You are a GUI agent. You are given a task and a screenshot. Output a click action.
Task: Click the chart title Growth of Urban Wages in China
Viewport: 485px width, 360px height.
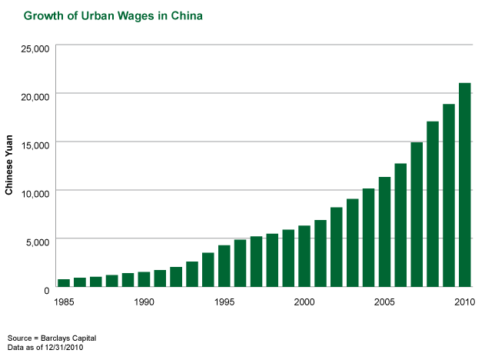click(113, 16)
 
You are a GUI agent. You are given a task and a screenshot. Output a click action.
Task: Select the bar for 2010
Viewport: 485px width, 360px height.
click(464, 185)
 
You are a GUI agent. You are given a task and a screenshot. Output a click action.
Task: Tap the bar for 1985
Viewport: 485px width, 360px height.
click(64, 283)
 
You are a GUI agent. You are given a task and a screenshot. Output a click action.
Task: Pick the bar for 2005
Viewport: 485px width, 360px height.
click(384, 232)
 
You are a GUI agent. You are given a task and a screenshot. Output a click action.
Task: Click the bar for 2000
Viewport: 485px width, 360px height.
click(304, 256)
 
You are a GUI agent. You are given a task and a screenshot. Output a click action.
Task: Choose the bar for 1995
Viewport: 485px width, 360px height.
click(224, 266)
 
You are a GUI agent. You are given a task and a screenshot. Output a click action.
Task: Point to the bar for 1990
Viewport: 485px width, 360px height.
click(144, 279)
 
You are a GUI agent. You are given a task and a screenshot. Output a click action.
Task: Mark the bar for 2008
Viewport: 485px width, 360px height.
click(433, 204)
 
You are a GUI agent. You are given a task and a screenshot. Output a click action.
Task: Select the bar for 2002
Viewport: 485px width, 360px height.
click(337, 247)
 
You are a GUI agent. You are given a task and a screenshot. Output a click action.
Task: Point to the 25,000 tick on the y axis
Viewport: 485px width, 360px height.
click(35, 48)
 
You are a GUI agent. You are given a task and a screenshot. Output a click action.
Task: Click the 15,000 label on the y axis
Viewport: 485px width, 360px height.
click(35, 145)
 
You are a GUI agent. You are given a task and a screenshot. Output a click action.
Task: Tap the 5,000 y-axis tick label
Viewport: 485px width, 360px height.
click(38, 242)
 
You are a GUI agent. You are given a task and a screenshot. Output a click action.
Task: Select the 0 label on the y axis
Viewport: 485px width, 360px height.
click(47, 290)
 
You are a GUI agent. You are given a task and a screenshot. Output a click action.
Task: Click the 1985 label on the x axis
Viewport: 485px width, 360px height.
click(64, 302)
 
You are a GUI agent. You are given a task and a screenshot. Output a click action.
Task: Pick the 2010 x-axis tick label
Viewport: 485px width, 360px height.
click(464, 302)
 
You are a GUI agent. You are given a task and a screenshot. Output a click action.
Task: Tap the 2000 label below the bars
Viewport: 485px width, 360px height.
click(304, 302)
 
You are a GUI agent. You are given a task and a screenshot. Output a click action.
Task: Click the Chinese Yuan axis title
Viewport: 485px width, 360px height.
click(9, 165)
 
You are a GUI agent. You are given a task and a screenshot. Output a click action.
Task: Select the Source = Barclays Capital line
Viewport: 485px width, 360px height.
click(52, 338)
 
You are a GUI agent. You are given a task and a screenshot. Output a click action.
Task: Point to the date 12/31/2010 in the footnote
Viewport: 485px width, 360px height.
click(64, 348)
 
